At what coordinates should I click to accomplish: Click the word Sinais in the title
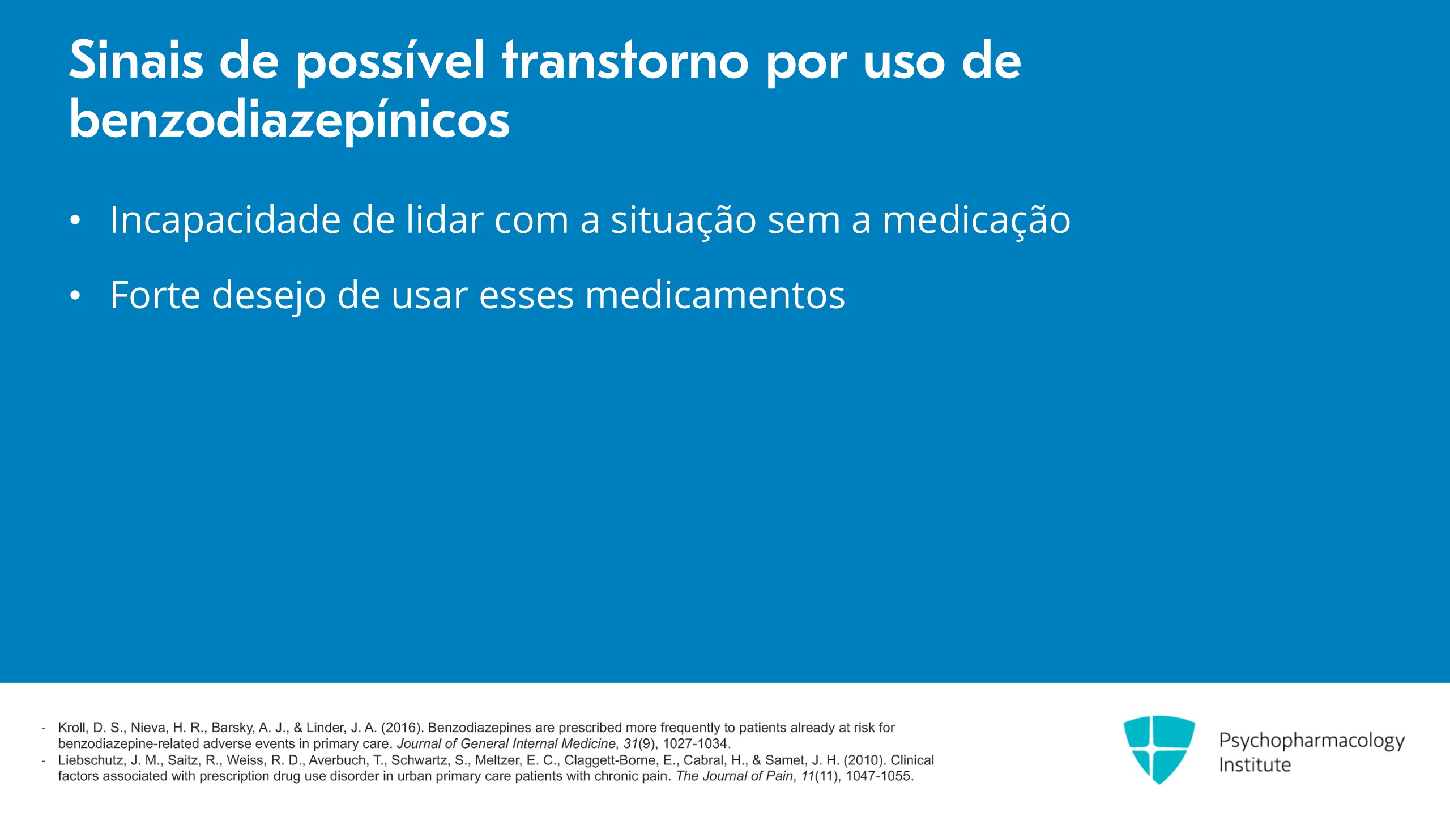pyautogui.click(x=136, y=59)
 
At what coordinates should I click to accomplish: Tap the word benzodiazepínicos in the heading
pyautogui.click(x=289, y=121)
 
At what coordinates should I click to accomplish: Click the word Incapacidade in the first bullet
pyautogui.click(x=225, y=220)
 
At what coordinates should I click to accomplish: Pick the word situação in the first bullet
pyautogui.click(x=683, y=221)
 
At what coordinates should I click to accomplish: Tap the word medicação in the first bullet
pyautogui.click(x=976, y=221)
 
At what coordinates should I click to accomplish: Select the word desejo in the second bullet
pyautogui.click(x=268, y=296)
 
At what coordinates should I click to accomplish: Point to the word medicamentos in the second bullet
pyautogui.click(x=715, y=295)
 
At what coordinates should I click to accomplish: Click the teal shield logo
pyautogui.click(x=1159, y=749)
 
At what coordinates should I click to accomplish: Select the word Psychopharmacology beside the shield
pyautogui.click(x=1312, y=741)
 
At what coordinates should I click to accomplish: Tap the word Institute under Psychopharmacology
pyautogui.click(x=1255, y=764)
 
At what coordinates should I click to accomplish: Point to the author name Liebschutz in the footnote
pyautogui.click(x=90, y=760)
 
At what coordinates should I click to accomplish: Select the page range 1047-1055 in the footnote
pyautogui.click(x=878, y=776)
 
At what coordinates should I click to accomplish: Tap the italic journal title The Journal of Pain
pyautogui.click(x=735, y=776)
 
